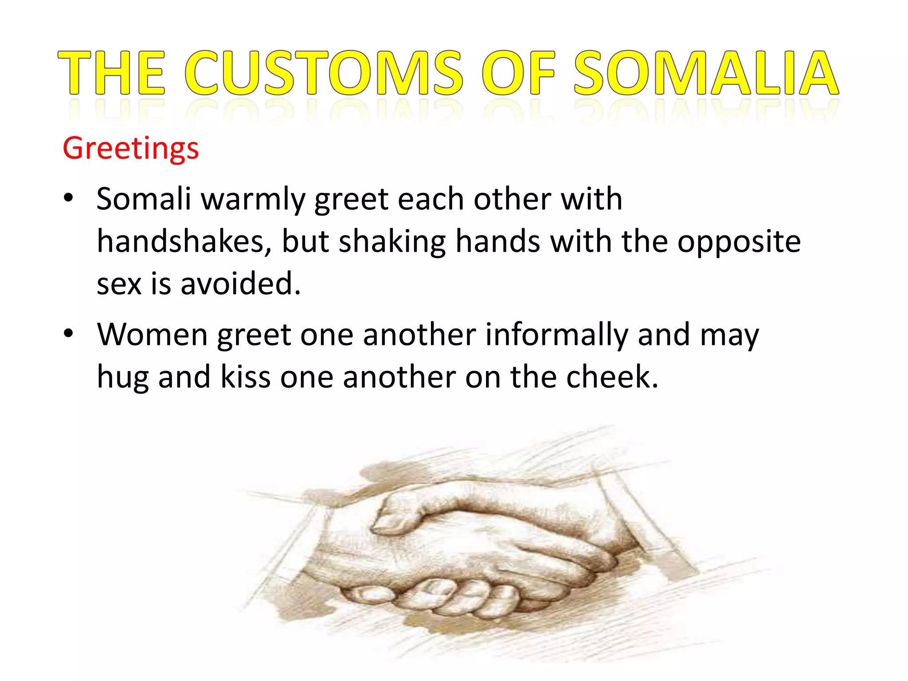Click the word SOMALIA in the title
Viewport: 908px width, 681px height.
(706, 73)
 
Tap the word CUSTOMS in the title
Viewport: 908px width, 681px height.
(323, 73)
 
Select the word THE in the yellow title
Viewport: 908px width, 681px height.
(112, 73)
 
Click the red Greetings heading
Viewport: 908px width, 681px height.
(131, 148)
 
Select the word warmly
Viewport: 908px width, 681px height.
(253, 200)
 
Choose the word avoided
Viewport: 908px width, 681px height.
(240, 284)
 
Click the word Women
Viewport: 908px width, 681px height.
(152, 334)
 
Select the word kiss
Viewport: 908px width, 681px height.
(245, 377)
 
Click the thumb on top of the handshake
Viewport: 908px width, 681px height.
(399, 514)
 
